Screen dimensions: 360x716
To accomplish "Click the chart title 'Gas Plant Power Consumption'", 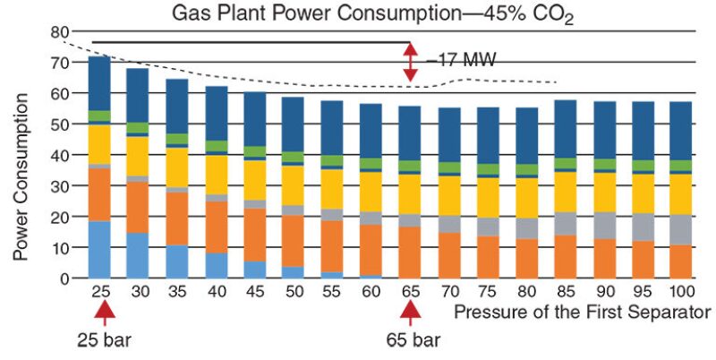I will tap(357, 13).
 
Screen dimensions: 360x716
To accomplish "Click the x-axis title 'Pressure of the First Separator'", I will tap(581, 312).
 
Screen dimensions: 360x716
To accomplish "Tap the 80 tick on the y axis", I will tap(61, 32).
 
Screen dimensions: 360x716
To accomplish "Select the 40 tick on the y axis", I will tap(61, 155).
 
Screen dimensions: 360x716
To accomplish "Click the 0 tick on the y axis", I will tap(65, 279).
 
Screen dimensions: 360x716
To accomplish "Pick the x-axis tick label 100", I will tap(681, 292).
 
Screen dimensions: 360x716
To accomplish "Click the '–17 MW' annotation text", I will tap(461, 61).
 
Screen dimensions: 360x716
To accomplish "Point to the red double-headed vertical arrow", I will tap(410, 63).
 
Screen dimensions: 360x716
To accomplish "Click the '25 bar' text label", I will tap(105, 341).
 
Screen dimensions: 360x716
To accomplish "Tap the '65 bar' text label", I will tap(411, 341).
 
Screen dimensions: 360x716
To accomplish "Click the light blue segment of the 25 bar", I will tap(99, 250).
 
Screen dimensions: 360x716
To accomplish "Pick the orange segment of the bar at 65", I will tap(410, 253).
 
